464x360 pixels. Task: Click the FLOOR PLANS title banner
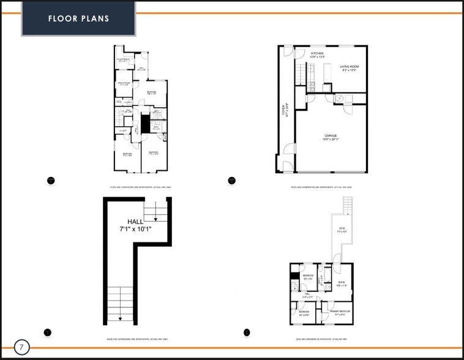79,18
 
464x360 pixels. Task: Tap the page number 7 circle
21,347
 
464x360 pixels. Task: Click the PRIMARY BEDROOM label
338,313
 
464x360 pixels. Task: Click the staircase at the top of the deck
348,206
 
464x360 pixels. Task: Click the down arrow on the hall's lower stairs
120,317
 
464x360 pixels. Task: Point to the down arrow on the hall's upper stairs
155,218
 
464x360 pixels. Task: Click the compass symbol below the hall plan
48,332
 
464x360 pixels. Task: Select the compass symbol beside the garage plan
231,181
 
